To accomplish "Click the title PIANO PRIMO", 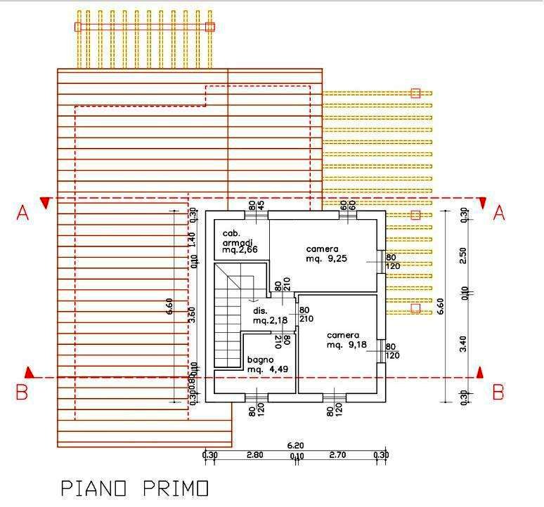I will click(x=134, y=487).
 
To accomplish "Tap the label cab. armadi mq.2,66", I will click(x=239, y=242).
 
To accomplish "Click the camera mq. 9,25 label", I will click(x=323, y=253).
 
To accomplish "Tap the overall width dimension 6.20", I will click(x=295, y=445).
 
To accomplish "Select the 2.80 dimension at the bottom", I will click(x=254, y=455).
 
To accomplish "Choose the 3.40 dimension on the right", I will click(x=462, y=344).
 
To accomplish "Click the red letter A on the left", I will click(x=22, y=213).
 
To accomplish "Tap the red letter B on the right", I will click(x=498, y=392).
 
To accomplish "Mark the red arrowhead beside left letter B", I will click(x=29, y=371).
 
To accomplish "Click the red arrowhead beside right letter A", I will click(x=483, y=203).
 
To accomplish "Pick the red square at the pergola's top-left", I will click(x=78, y=27).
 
